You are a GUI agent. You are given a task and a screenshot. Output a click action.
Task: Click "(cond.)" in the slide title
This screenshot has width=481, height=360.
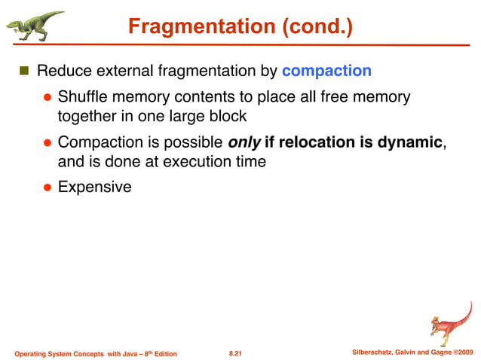pos(316,27)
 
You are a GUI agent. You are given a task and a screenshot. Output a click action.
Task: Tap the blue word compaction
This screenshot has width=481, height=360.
pos(326,72)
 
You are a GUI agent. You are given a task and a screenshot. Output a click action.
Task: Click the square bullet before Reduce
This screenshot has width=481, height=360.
pos(23,72)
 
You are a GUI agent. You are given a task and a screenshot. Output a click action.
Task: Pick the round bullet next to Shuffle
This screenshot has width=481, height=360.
pos(46,97)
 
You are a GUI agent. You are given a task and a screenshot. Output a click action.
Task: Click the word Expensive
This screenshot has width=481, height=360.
pos(94,187)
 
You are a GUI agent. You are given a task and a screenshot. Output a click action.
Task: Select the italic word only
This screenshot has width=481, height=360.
pos(244,142)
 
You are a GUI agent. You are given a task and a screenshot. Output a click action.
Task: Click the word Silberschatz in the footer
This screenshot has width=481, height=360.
pos(374,352)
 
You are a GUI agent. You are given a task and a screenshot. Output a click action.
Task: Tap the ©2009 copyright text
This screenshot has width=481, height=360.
pos(462,352)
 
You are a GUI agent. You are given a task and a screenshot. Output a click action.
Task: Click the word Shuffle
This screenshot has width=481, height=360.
pos(83,97)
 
